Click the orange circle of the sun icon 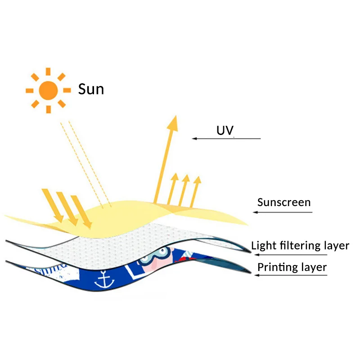pos(48,90)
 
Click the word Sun pos(91,89)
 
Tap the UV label pos(225,130)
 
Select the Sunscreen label pos(284,202)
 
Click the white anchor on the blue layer pos(104,279)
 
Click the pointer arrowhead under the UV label pos(194,139)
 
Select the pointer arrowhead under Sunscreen pos(255,212)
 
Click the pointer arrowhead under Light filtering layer pos(257,255)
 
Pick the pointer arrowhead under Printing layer pos(257,275)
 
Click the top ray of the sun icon pos(48,72)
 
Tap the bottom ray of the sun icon pos(49,109)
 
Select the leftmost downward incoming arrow pos(53,206)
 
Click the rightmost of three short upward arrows pos(196,192)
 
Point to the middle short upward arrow pos(184,190)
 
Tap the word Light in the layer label pos(264,246)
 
